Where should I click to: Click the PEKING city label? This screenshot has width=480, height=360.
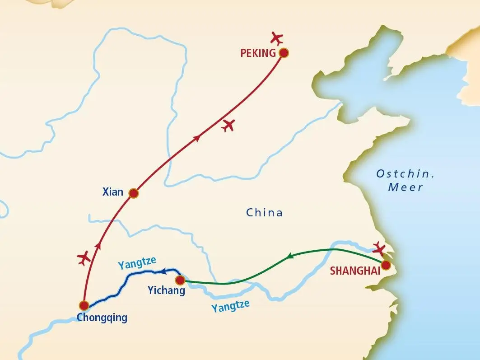pyautogui.click(x=258, y=53)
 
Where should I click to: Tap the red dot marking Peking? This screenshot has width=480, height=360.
pyautogui.click(x=284, y=53)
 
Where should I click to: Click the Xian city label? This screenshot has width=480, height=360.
pyautogui.click(x=113, y=192)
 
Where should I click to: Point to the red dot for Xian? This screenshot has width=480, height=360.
pyautogui.click(x=133, y=193)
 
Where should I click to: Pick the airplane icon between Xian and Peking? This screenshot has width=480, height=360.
pyautogui.click(x=229, y=125)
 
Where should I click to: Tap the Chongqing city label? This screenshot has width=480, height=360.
pyautogui.click(x=102, y=318)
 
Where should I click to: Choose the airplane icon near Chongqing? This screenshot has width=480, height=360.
pyautogui.click(x=84, y=258)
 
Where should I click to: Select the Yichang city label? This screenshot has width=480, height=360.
pyautogui.click(x=166, y=291)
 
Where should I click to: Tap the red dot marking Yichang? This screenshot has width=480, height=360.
pyautogui.click(x=180, y=280)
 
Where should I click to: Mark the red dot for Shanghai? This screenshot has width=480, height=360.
pyautogui.click(x=386, y=265)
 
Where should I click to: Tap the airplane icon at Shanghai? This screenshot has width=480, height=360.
pyautogui.click(x=380, y=248)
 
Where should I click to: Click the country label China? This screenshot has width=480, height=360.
pyautogui.click(x=264, y=212)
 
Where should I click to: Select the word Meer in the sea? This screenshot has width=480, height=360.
pyautogui.click(x=405, y=187)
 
